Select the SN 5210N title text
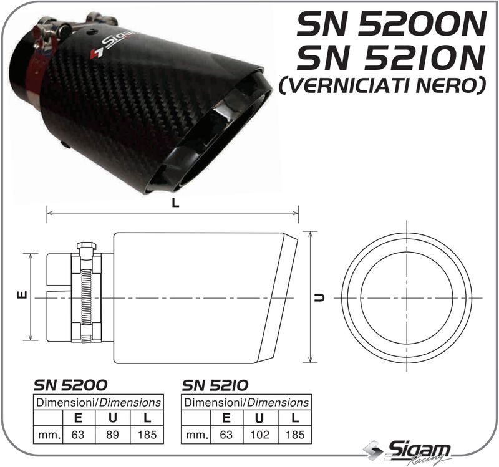click(x=390, y=58)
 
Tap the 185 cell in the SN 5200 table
click(x=147, y=435)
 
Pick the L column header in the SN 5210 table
click(x=296, y=418)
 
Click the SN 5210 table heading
click(x=215, y=385)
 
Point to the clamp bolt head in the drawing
click(x=85, y=248)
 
